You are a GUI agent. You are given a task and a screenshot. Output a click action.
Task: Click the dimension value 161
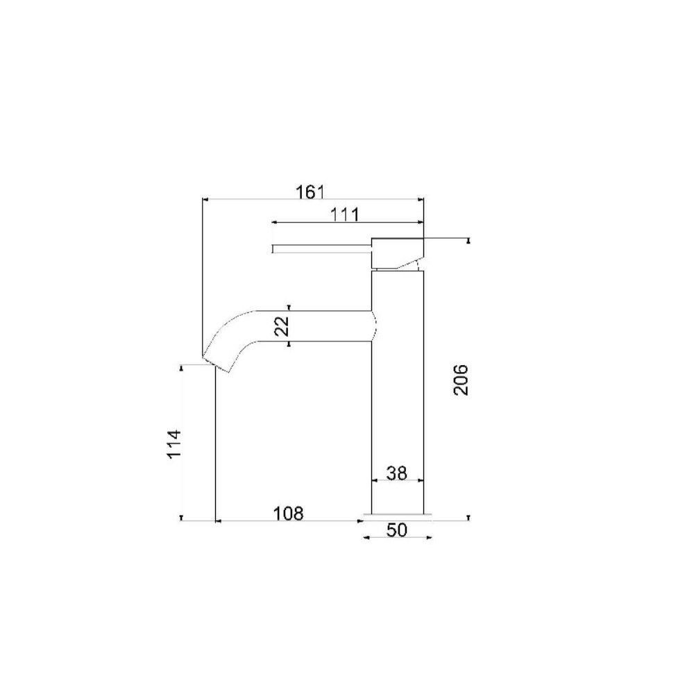point(310,192)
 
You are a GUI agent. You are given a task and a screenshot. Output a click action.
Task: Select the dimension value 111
point(345,214)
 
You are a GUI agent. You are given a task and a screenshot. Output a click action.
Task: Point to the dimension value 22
point(282,326)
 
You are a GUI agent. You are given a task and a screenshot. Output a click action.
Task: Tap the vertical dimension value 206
point(462,380)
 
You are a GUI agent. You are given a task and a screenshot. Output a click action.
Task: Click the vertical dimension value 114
point(174,444)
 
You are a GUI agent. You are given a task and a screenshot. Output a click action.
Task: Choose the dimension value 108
point(288,514)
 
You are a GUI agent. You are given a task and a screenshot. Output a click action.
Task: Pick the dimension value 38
point(396,473)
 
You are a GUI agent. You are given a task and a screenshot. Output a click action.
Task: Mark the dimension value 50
point(396,530)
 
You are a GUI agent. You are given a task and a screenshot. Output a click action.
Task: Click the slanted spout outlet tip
point(216,365)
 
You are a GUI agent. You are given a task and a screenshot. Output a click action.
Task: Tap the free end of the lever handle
point(273,248)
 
